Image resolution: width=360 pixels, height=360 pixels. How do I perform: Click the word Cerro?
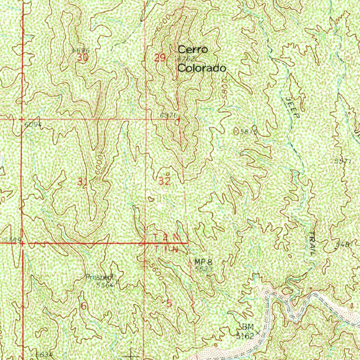coord(193,50)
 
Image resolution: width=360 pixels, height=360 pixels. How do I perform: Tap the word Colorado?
coord(201,68)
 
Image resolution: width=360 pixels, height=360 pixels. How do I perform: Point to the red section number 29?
coord(160,58)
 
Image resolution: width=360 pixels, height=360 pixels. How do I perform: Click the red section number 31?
coord(82,182)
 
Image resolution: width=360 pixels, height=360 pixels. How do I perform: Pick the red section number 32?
coord(165,181)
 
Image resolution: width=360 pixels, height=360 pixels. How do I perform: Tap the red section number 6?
coord(84,306)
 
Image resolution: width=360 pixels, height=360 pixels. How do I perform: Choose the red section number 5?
coord(169,303)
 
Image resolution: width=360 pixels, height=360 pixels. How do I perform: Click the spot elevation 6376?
coord(167,116)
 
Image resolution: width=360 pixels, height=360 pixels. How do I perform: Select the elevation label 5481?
coord(344,244)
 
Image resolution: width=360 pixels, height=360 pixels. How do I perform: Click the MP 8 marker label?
coord(203,262)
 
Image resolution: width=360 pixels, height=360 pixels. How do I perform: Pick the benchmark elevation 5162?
coord(245,336)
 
